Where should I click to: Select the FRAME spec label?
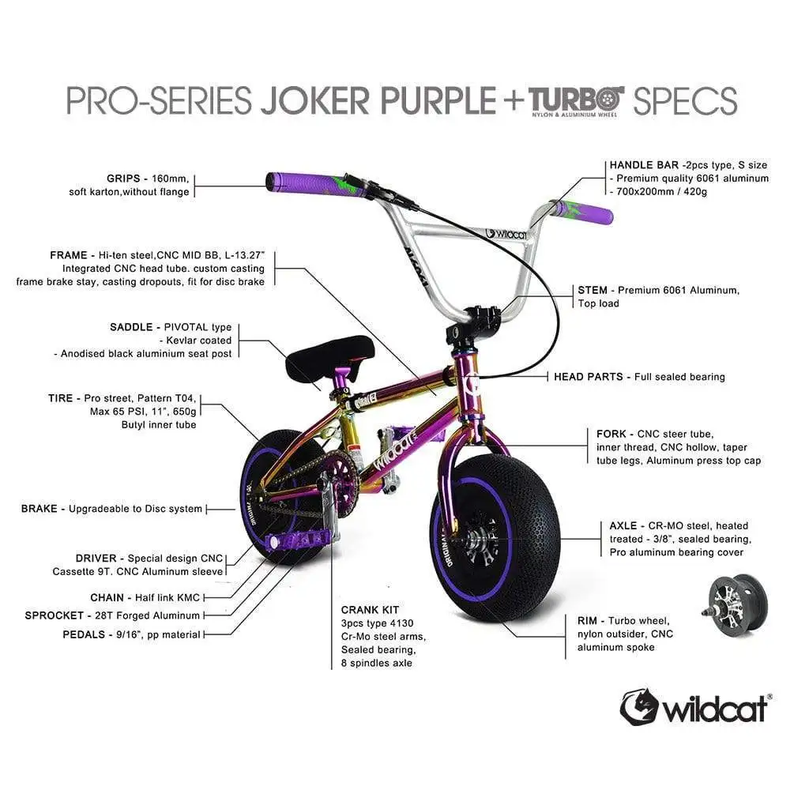68,255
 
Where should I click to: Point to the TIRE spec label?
60,397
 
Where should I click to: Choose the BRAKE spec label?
39,508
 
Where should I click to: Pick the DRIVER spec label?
96,558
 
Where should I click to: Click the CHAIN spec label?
107,597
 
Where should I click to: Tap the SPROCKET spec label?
54,615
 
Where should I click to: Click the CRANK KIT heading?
370,610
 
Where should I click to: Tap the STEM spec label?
593,290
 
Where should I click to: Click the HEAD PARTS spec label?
588,377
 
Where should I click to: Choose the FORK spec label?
611,434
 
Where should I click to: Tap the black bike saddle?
330,358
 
